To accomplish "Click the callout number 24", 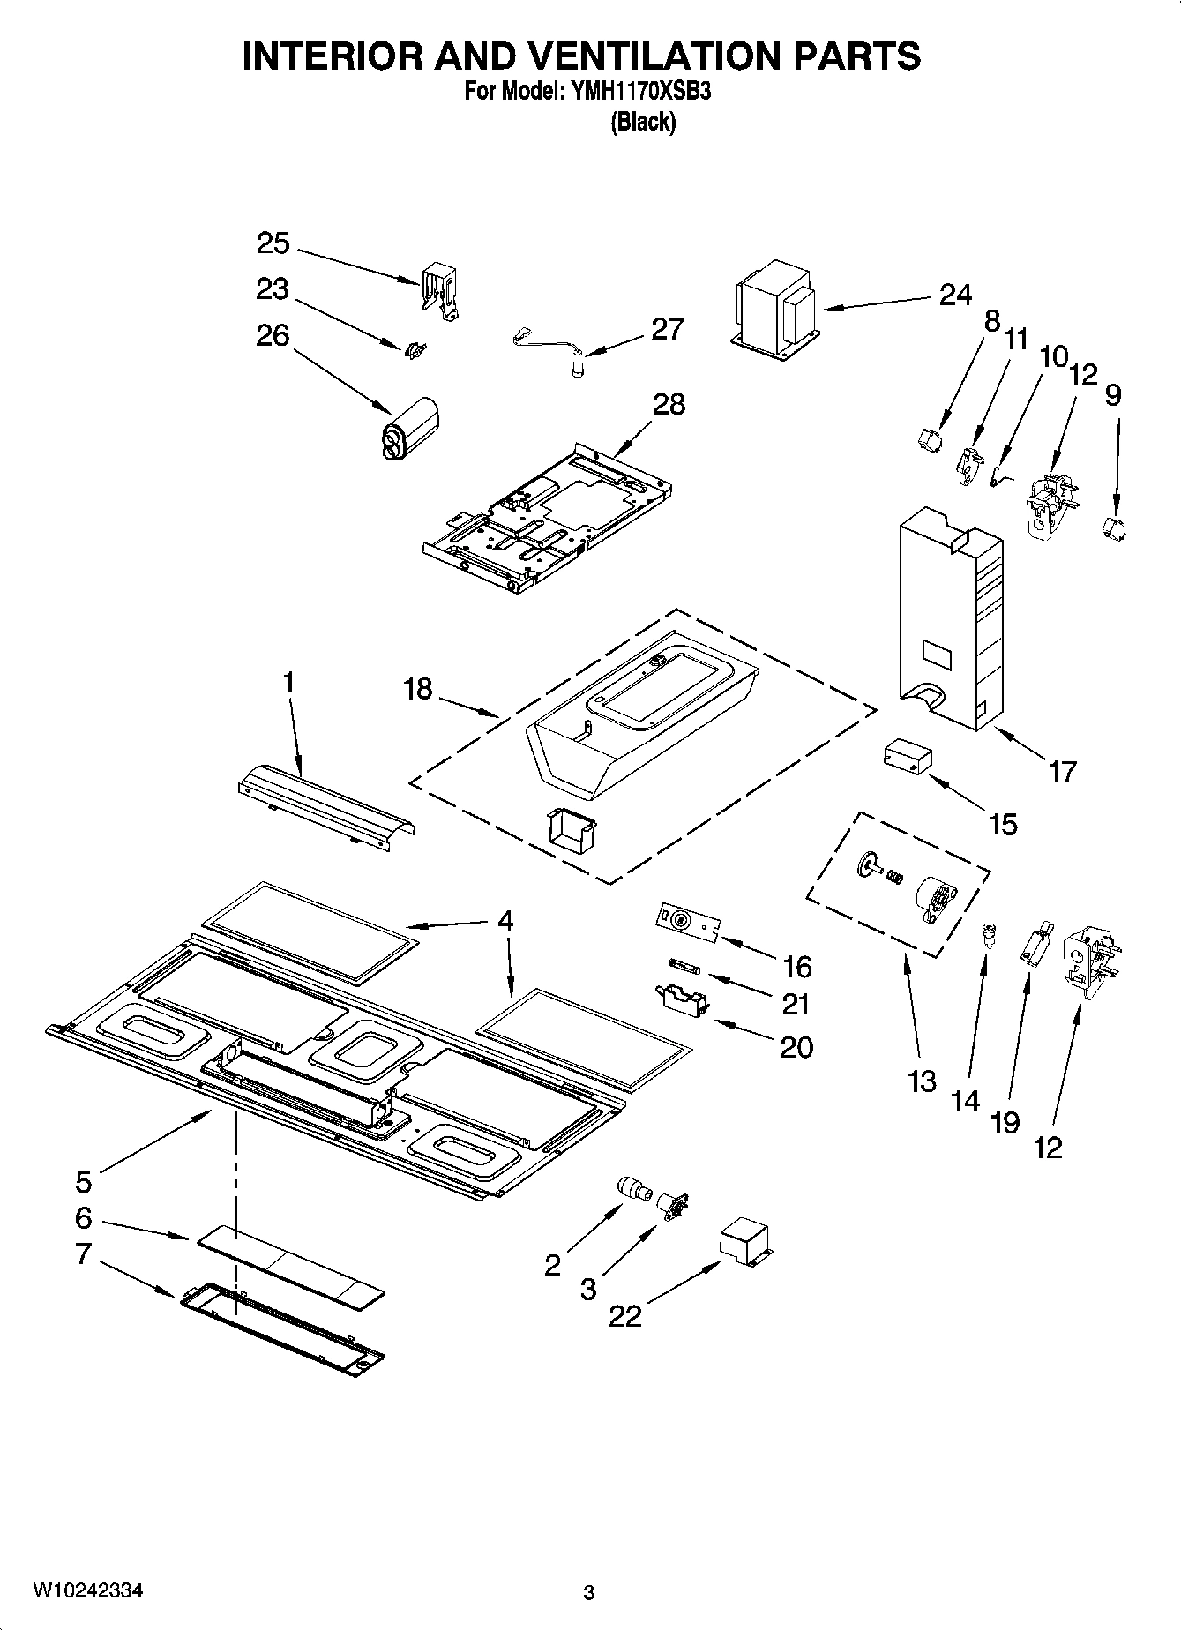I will point(954,295).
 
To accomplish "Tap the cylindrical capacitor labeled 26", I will point(409,430).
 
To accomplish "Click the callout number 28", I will point(669,405).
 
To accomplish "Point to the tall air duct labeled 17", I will point(950,617).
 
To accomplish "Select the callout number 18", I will point(418,688).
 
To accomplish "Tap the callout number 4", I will point(505,921).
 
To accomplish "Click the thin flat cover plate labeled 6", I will point(291,1264).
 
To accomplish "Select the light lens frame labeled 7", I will point(282,1330).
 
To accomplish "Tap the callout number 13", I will point(922,1081).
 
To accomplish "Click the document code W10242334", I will point(88,1590).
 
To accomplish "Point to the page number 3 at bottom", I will point(589,1593).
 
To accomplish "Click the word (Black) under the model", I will point(643,122).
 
